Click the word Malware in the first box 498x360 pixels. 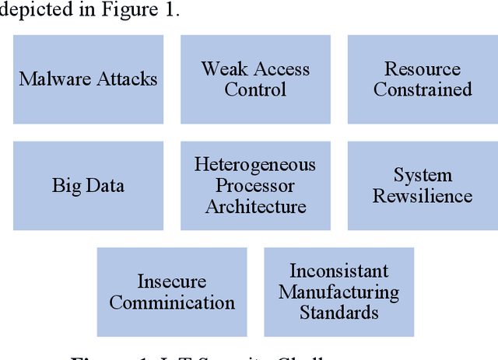coord(50,79)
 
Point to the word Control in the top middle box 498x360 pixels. coord(255,89)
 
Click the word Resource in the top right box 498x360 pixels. coord(423,68)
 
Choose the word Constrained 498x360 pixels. coord(423,89)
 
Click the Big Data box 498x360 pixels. coord(88,185)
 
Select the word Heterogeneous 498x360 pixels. coord(255,165)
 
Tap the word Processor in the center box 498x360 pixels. coord(255,185)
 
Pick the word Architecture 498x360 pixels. coord(255,206)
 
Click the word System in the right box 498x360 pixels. coord(423,175)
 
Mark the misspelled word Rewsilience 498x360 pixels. coord(423,195)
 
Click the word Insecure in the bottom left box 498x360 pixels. coord(172,281)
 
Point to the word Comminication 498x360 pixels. coord(172,302)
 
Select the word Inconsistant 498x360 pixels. coord(338,271)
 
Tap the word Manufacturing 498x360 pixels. coord(338,292)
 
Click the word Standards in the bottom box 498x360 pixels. coord(338,313)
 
